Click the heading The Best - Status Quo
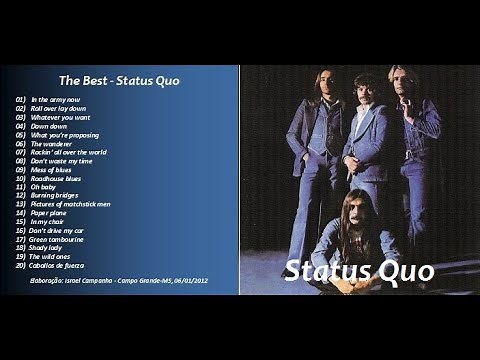(118, 80)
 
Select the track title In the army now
(55, 100)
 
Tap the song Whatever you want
(60, 118)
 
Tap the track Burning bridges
(55, 196)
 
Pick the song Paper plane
(49, 213)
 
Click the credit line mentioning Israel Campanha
(116, 283)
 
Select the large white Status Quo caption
(359, 271)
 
